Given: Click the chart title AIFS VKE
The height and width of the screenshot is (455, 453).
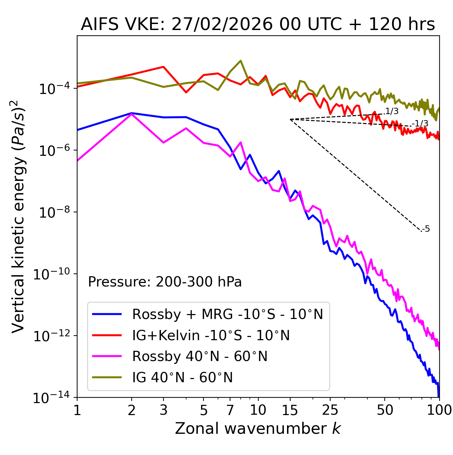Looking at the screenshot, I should tap(258, 25).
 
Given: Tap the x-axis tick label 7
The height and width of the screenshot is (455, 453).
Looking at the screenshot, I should tap(230, 410).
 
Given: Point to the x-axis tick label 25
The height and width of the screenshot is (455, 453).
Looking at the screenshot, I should tap(330, 410).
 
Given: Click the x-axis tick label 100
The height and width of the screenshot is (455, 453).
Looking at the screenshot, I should tap(439, 410).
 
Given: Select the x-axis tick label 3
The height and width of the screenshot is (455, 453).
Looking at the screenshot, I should tap(163, 410).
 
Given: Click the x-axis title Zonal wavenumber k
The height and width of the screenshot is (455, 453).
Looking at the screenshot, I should tap(258, 429).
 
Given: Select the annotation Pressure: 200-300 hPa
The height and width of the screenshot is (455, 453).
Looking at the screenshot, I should tap(165, 282).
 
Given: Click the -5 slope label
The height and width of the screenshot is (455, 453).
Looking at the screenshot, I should tap(426, 229).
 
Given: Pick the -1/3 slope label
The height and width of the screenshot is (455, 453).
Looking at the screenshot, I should tap(420, 124).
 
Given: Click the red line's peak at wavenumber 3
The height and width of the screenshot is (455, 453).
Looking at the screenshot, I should tap(163, 66).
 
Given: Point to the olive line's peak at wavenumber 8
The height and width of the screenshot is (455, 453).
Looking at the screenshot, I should tap(241, 60).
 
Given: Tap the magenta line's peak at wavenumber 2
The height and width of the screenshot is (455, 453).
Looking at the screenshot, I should tap(132, 114).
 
